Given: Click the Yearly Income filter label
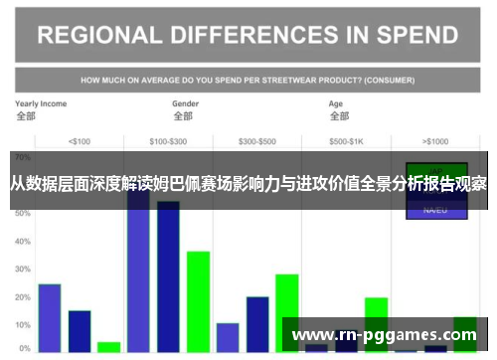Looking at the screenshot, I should tap(41, 102).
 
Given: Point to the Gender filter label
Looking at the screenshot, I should tap(186, 102).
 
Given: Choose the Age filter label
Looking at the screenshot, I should tap(337, 102).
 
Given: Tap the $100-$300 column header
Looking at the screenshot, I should tap(167, 140).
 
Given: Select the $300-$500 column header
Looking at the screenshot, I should tap(257, 140).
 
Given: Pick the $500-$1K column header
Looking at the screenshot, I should tap(347, 140).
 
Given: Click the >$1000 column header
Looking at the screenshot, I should tap(435, 140).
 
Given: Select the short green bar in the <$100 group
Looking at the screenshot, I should tap(108, 346).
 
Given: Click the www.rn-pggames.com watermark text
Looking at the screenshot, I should tap(383, 334).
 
